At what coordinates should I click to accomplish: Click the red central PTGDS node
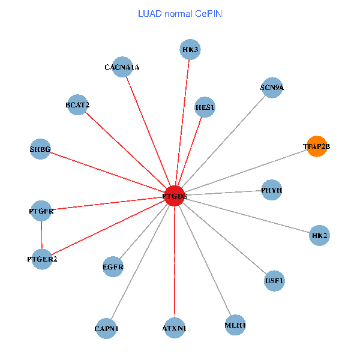174,196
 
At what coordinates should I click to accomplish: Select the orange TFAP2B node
317,146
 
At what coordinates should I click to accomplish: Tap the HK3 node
190,49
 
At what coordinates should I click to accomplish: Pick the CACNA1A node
122,67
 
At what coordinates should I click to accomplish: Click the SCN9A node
272,88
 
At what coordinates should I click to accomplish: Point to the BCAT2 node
78,105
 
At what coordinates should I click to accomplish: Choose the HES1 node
205,107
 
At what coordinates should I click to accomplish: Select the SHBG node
40,149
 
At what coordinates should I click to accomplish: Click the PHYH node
272,190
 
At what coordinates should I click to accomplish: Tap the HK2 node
320,236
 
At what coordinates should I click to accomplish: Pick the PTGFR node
41,211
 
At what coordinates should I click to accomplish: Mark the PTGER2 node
42,259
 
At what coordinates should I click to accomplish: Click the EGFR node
113,266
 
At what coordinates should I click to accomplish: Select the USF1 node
274,280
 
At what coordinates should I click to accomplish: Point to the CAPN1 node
107,328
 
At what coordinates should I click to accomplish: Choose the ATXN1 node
175,328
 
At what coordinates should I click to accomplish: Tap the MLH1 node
235,325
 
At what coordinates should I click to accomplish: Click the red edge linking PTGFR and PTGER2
41,235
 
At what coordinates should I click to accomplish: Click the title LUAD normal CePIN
179,13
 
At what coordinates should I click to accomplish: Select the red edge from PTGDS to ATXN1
174,264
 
